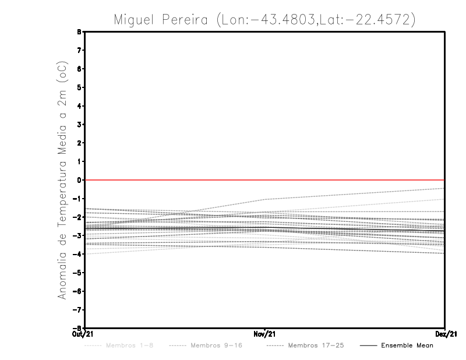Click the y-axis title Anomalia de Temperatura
pos(62,181)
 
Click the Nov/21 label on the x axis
pos(264,334)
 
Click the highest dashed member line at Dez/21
pos(443,188)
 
